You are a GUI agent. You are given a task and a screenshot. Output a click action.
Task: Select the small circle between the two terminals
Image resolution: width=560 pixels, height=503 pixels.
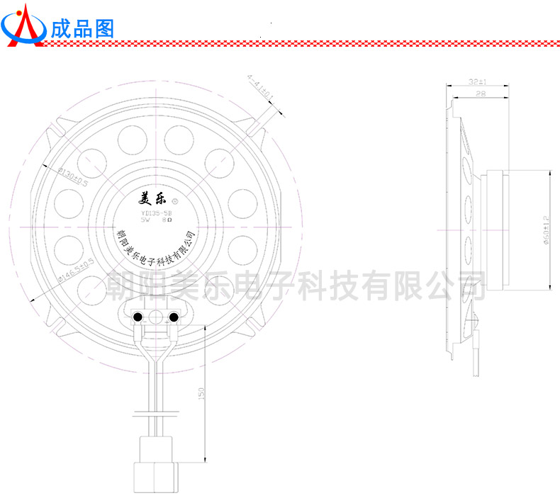tap(156, 317)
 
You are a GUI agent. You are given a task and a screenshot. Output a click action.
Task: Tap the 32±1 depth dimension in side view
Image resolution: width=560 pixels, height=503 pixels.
tap(477, 82)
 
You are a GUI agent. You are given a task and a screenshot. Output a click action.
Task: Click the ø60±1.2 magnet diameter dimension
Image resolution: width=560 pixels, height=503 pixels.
tap(546, 230)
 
